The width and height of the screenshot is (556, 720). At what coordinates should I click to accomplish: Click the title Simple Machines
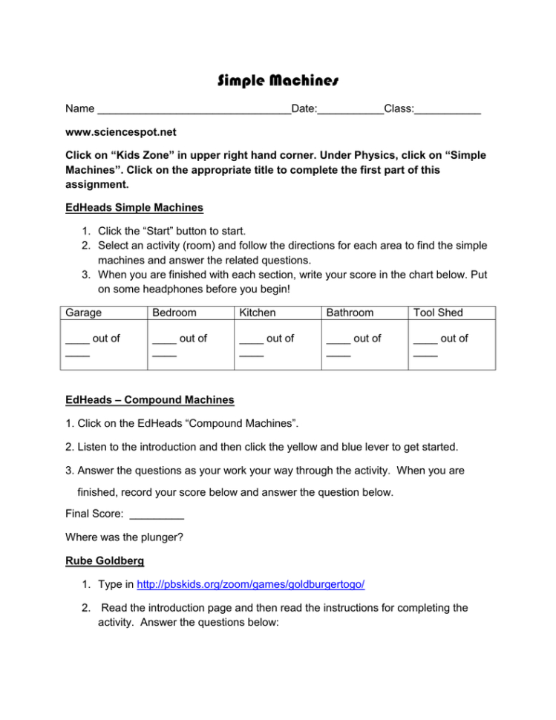pyautogui.click(x=278, y=79)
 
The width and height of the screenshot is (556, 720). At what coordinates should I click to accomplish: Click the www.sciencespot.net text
pyautogui.click(x=121, y=133)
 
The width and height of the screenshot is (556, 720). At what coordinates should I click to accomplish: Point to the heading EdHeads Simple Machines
pyautogui.click(x=134, y=207)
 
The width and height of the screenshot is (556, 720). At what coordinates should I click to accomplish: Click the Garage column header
pyautogui.click(x=84, y=313)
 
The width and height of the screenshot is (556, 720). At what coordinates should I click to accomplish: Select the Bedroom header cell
pyautogui.click(x=174, y=313)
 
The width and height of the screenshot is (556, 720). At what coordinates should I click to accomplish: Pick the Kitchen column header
pyautogui.click(x=258, y=313)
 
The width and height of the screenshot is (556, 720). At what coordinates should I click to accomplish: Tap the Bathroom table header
pyautogui.click(x=350, y=313)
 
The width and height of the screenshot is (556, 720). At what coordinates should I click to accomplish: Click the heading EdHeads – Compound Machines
pyautogui.click(x=150, y=400)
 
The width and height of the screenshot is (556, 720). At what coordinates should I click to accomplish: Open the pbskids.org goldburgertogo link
pyautogui.click(x=251, y=585)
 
